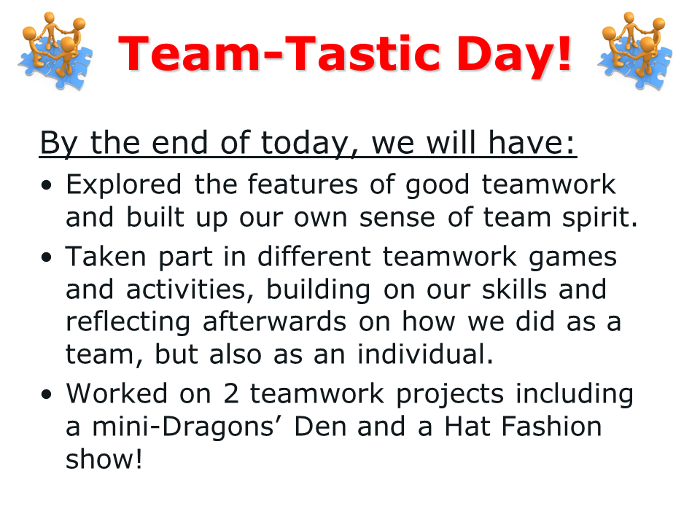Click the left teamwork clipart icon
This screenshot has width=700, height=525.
click(x=55, y=50)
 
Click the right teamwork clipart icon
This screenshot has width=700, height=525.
click(x=635, y=50)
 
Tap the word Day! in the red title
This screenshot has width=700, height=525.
click(x=514, y=56)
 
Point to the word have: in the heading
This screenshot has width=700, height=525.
click(x=532, y=143)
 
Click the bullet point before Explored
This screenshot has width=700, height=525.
click(x=47, y=184)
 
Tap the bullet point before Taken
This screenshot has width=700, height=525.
click(x=47, y=257)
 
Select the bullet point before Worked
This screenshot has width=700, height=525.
click(x=47, y=394)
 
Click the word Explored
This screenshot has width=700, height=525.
click(x=124, y=184)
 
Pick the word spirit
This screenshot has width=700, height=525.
click(x=599, y=219)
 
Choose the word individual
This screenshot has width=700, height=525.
click(x=425, y=354)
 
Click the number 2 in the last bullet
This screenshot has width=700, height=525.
click(x=231, y=394)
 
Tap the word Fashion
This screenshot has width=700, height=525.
click(x=552, y=427)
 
